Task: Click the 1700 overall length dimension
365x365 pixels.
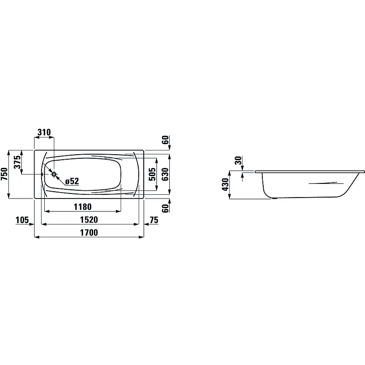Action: point(89,232)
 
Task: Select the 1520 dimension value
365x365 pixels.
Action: point(89,219)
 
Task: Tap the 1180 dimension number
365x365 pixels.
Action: point(83,207)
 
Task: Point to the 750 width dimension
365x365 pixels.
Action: point(5,174)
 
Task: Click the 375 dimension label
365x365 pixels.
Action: point(17,162)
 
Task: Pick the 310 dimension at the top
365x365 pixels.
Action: point(44,132)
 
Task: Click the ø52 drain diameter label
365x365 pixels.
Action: point(72,181)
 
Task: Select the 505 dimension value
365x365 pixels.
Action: point(152,174)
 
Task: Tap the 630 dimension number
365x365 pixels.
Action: point(165,174)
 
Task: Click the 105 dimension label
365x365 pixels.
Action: point(22,220)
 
